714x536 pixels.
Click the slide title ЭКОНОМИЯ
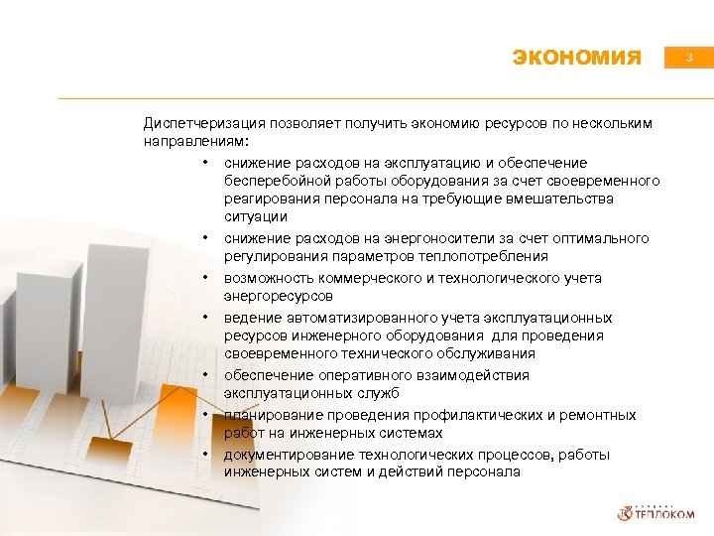point(577,58)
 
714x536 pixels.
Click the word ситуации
point(255,216)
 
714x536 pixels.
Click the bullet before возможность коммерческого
point(203,278)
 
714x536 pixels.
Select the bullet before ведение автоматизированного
point(203,318)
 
